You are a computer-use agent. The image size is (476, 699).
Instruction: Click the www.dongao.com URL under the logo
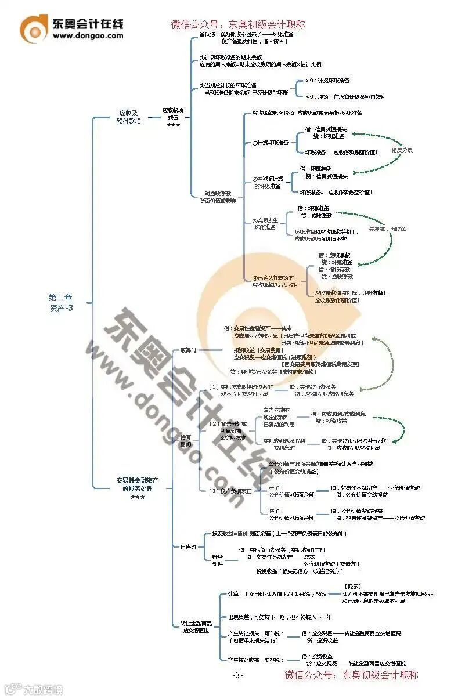[x=88, y=35]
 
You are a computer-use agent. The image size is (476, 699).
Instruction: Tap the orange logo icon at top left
[x=34, y=28]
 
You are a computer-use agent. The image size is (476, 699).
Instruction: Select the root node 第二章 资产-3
[x=61, y=302]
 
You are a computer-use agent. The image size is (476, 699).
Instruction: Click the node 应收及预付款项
[x=130, y=117]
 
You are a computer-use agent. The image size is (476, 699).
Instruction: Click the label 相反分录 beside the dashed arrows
[x=402, y=150]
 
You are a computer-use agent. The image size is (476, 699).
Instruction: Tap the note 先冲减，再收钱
[x=387, y=229]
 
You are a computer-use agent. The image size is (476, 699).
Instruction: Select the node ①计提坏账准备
[x=271, y=142]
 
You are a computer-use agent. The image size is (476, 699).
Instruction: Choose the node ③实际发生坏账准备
[x=265, y=224]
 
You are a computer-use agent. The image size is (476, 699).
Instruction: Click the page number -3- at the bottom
[x=238, y=675]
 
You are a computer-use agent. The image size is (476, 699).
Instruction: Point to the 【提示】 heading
[x=354, y=586]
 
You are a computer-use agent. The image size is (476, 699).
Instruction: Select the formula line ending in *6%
[x=277, y=594]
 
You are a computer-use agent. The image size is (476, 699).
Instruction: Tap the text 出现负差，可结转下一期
[x=280, y=617]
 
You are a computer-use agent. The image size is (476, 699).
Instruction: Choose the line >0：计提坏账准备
[x=328, y=80]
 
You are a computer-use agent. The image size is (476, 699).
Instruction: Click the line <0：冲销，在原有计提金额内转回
[x=345, y=97]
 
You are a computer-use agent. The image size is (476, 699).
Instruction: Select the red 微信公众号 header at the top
[x=238, y=25]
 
